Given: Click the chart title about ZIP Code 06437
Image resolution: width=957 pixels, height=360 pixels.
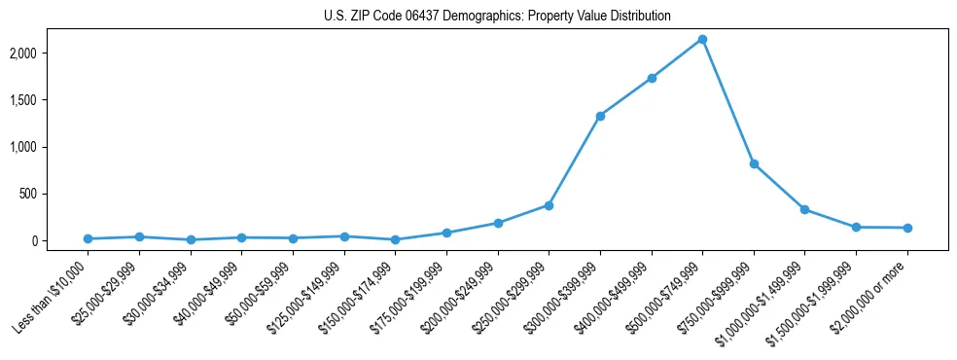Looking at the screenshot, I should pos(497,17).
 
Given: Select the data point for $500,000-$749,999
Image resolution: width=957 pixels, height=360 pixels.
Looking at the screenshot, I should pos(702,39).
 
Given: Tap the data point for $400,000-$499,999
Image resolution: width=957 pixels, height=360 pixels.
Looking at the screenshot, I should pos(652,78).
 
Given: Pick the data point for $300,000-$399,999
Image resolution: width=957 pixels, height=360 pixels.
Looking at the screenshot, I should pos(600,116).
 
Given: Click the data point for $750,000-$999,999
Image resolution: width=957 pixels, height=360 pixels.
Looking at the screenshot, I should pos(754,163).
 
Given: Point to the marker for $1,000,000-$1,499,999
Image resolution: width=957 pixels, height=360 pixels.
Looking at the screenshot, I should pos(804,209).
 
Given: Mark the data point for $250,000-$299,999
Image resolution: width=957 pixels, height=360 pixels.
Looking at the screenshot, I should pos(549,205).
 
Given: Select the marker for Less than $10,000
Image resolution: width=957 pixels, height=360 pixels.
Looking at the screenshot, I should pos(88,238).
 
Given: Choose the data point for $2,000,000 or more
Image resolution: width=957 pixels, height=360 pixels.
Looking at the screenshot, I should pos(907,228).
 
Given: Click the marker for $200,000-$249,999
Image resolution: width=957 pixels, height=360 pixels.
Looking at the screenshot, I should pos(498,223).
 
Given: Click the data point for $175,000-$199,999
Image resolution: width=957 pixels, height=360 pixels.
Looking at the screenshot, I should pos(446,233).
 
